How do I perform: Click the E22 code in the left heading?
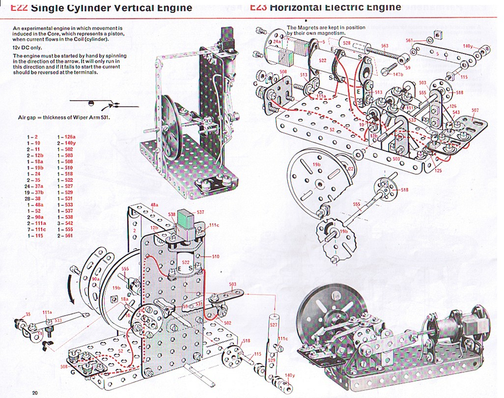[19, 8]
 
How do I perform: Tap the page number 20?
[35, 392]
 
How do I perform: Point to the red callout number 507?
[475, 111]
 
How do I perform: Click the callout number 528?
[347, 43]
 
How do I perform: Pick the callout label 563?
[385, 46]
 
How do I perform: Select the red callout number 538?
[171, 214]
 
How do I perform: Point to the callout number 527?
[274, 325]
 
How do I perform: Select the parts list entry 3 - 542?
[65, 223]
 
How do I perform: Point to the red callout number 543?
[456, 113]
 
